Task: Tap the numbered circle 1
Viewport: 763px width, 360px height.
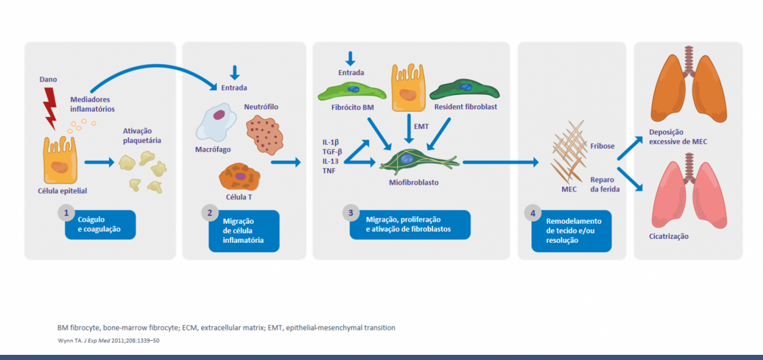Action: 67,213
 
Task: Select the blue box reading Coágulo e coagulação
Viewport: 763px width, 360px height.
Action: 100,225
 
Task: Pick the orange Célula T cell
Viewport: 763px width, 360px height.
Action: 240,177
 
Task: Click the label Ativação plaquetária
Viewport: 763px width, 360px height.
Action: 142,136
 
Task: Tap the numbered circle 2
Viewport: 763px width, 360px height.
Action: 210,213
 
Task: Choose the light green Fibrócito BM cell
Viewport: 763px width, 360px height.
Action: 352,91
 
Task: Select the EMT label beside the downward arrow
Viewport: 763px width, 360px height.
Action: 422,127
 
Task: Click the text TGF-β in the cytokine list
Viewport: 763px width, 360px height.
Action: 332,152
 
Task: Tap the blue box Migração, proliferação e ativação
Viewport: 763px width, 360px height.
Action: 410,225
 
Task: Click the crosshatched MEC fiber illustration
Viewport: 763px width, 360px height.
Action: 569,152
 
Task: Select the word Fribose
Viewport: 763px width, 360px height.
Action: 602,146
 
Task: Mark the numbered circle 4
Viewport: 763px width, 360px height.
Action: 533,213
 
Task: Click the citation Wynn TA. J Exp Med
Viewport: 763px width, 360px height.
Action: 108,340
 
